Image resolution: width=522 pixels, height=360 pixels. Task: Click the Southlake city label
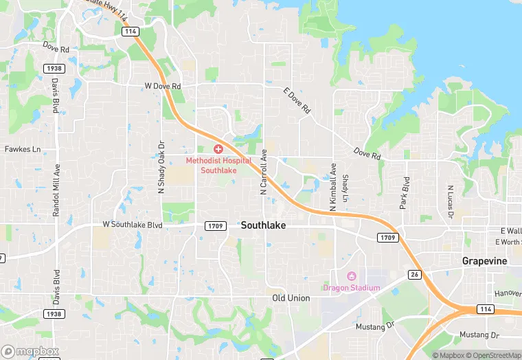pyautogui.click(x=263, y=225)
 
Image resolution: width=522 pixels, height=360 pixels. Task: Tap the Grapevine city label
pyautogui.click(x=485, y=261)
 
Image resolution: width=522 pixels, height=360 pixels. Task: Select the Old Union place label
pyautogui.click(x=291, y=298)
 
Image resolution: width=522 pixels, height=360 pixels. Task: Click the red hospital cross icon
pyautogui.click(x=218, y=149)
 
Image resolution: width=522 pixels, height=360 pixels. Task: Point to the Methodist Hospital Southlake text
pyautogui.click(x=218, y=165)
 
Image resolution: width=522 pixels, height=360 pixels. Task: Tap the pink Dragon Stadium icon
pyautogui.click(x=352, y=276)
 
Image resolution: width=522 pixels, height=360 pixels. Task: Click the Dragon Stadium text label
pyautogui.click(x=352, y=287)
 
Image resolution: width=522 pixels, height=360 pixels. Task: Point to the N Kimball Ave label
pyautogui.click(x=332, y=185)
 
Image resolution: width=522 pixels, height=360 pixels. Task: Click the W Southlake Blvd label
pyautogui.click(x=132, y=225)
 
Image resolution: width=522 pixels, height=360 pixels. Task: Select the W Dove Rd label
pyautogui.click(x=163, y=87)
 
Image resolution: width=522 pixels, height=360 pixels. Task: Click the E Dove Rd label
pyautogui.click(x=297, y=100)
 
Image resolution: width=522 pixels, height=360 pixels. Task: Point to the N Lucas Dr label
pyautogui.click(x=450, y=201)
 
